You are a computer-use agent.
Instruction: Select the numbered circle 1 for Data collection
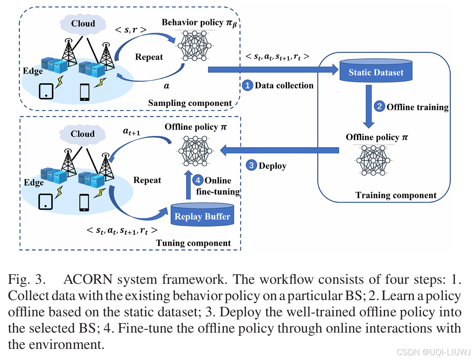pos(247,85)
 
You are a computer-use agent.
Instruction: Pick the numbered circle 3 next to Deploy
pos(251,166)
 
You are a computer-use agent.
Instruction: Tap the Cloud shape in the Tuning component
pos(83,134)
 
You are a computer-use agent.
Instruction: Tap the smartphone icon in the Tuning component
pos(84,202)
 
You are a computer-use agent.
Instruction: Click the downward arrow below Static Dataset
pos(369,107)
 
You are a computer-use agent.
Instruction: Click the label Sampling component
pos(190,103)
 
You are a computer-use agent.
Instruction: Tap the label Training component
pos(395,195)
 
